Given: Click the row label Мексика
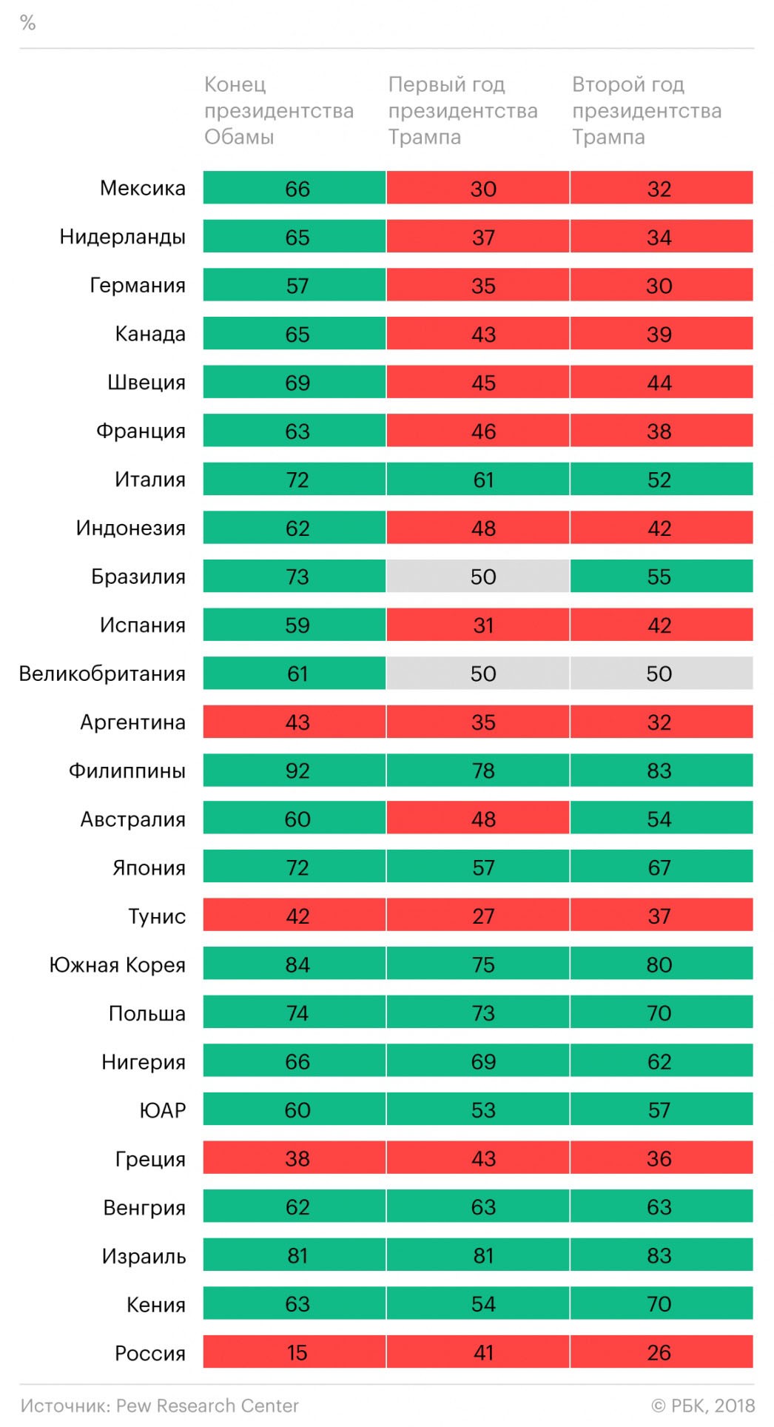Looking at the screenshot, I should (x=143, y=188).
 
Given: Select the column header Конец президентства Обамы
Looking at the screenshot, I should (x=278, y=110).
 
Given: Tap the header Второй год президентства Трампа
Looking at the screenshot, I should (x=646, y=110).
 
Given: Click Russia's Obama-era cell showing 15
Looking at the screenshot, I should (x=297, y=1352).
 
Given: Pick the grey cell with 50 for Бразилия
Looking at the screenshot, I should (x=482, y=577).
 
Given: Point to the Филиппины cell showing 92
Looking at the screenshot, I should (x=297, y=770).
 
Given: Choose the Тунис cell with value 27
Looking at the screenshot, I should (x=482, y=916).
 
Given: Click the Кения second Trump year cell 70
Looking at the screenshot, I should (x=659, y=1303).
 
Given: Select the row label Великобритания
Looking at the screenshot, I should (x=102, y=674).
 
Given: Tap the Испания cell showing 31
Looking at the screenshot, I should (x=482, y=625).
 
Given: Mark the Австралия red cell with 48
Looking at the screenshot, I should (x=482, y=819).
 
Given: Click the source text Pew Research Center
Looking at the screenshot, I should (x=207, y=1406).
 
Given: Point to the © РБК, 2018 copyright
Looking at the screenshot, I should (x=703, y=1406).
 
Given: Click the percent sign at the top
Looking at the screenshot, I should (x=28, y=23).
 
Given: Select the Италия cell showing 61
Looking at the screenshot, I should (x=482, y=480).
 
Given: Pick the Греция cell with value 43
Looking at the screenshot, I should (x=482, y=1158).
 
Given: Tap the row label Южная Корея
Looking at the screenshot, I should (x=117, y=964).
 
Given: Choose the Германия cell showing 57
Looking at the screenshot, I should (x=297, y=286).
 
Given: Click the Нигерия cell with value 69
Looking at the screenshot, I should (x=482, y=1061).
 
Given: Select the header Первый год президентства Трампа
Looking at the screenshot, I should (x=462, y=110).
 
